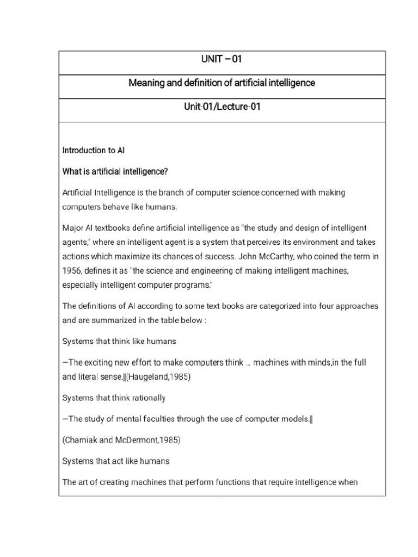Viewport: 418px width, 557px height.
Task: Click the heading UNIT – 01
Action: tap(222, 59)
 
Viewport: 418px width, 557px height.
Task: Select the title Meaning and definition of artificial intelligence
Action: tap(222, 83)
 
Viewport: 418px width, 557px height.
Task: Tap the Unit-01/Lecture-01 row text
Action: tap(222, 107)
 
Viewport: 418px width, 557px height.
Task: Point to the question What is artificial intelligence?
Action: tap(115, 172)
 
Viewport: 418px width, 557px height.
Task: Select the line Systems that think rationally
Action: tap(114, 398)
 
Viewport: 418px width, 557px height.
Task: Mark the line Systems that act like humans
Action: tap(116, 461)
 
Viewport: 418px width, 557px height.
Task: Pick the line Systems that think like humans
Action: tap(119, 342)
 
